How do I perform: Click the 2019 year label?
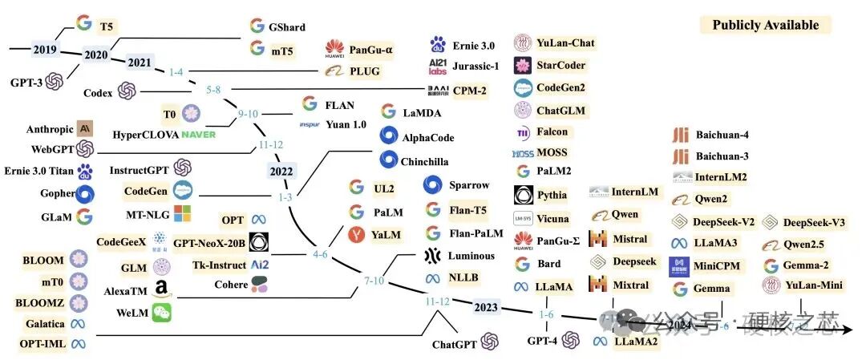(43, 49)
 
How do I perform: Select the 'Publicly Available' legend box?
(765, 25)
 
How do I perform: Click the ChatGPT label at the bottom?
(455, 344)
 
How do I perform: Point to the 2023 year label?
(486, 306)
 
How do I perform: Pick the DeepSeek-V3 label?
(814, 222)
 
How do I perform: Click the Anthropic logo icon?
(86, 128)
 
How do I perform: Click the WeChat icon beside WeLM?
(163, 312)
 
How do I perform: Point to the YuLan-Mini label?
(814, 285)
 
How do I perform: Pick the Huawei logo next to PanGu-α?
(334, 51)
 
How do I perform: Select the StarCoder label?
(561, 65)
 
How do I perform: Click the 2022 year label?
(281, 170)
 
